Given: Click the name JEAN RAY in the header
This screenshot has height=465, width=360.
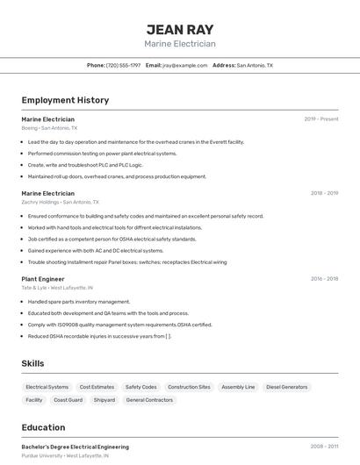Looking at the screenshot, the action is click(x=179, y=29).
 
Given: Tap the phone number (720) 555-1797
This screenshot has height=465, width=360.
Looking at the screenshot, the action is click(x=123, y=65).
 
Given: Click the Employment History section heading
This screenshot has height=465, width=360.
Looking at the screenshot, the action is click(x=65, y=100).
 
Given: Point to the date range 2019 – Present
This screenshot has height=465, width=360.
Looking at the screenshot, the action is click(x=321, y=118).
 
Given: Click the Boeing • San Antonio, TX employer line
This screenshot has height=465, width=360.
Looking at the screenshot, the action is click(x=49, y=128).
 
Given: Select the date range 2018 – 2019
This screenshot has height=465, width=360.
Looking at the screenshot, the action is click(x=324, y=193).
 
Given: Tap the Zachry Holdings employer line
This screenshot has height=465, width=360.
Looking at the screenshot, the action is click(x=57, y=202).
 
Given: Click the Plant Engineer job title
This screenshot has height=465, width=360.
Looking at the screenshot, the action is click(x=43, y=278).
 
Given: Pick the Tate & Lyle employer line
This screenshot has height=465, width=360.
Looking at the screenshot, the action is click(x=57, y=288).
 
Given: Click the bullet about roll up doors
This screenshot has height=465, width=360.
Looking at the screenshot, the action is click(x=117, y=176).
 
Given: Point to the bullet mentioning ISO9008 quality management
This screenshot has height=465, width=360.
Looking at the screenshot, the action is click(x=119, y=325).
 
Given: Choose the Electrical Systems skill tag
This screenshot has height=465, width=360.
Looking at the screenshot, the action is click(x=47, y=387).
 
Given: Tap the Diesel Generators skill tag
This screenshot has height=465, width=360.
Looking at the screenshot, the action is click(x=287, y=387).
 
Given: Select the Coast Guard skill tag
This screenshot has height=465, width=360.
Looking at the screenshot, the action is click(x=68, y=400).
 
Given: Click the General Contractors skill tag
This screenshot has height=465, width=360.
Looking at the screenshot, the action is click(x=149, y=400).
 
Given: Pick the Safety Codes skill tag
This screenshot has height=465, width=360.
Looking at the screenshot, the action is click(x=140, y=387).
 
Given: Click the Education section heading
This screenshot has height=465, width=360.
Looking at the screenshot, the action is click(x=43, y=428).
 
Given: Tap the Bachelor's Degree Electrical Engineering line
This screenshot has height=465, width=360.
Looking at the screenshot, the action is click(x=75, y=447).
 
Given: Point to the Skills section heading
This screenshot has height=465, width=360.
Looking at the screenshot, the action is click(x=32, y=363).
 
